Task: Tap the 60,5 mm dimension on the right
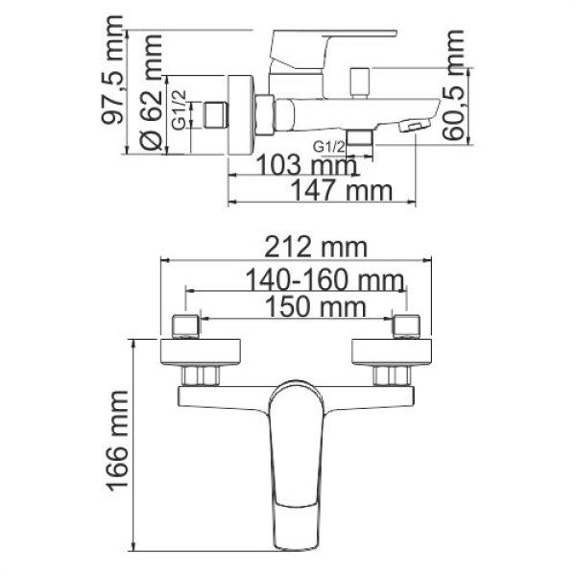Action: [x=458, y=86]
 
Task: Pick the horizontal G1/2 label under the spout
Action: [x=329, y=147]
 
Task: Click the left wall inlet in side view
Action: [x=220, y=115]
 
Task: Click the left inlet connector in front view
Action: [x=184, y=325]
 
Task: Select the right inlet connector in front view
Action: [x=406, y=325]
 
